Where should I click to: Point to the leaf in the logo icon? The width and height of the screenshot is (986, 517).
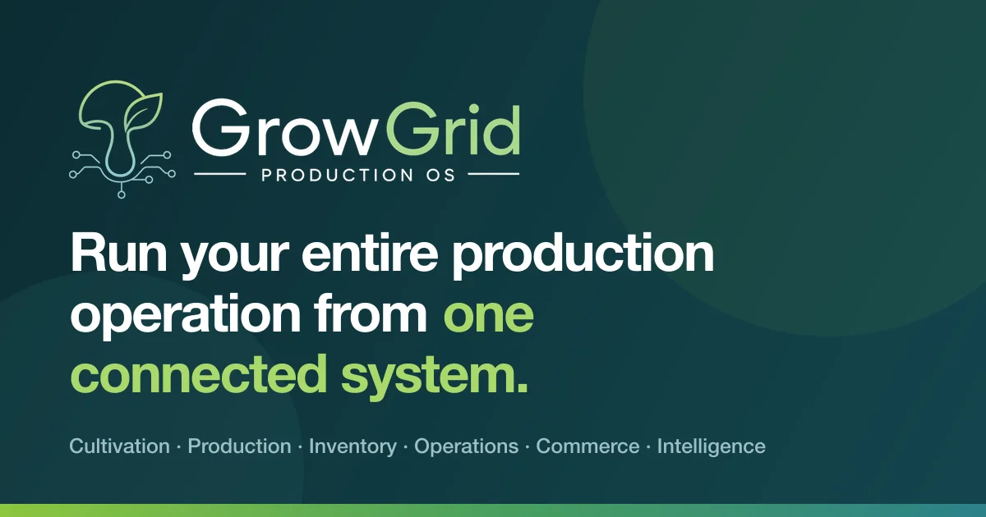click(141, 111)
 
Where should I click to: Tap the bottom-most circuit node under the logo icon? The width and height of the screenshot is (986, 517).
click(122, 194)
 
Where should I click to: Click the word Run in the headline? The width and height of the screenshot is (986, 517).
click(119, 254)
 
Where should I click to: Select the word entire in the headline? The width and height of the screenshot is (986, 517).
click(370, 254)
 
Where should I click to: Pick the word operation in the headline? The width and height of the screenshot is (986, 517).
click(186, 314)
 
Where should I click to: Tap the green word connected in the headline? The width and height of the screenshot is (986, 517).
click(199, 374)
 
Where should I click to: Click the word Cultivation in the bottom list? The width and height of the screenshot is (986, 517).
click(120, 446)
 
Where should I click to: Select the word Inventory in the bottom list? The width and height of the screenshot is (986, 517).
click(353, 447)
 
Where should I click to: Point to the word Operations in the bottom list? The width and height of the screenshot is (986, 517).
click(466, 447)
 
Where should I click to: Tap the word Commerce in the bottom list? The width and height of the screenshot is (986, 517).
click(587, 446)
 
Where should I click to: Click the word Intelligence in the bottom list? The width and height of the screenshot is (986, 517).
click(712, 447)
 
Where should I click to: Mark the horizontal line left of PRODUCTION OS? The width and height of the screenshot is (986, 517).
click(219, 174)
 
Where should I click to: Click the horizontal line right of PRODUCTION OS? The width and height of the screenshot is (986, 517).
click(494, 174)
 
